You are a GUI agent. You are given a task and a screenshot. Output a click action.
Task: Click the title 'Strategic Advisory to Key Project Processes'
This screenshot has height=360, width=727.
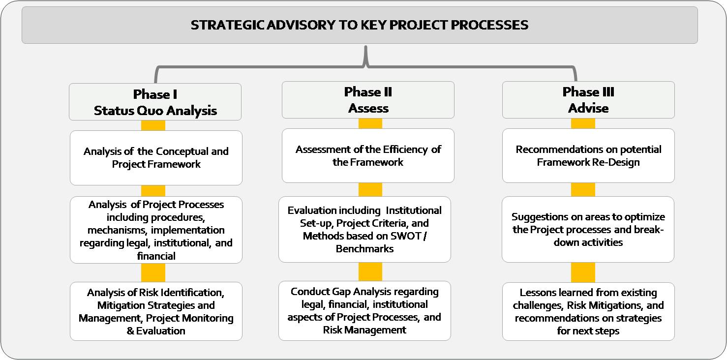coord(359,25)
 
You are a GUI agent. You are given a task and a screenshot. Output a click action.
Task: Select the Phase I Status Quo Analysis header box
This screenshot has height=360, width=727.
coord(155,102)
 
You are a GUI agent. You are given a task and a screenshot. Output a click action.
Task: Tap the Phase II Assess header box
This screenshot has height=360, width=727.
coord(368,100)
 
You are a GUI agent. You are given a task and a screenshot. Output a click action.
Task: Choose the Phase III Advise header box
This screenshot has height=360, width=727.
coord(588,100)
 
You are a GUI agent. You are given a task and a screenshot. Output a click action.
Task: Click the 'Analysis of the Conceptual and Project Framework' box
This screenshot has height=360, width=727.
coord(156,158)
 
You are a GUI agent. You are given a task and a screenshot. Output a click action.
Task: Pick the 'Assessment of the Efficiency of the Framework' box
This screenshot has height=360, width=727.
coord(368,156)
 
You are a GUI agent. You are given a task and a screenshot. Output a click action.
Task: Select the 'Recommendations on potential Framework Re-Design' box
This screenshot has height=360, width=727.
coord(588,156)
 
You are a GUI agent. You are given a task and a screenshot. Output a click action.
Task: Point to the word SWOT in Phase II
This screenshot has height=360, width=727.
coord(406,236)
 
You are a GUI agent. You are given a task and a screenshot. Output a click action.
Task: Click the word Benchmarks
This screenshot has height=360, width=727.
coord(365,249)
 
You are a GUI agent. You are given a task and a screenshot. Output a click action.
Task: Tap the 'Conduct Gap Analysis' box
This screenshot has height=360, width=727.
coord(365,311)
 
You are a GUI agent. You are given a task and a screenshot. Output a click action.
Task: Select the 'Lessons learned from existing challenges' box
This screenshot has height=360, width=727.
coord(588,311)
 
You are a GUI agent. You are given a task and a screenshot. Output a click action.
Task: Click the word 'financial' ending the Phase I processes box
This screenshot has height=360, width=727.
coord(156,256)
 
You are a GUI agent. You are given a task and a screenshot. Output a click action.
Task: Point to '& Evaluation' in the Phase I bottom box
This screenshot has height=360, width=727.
coord(156,331)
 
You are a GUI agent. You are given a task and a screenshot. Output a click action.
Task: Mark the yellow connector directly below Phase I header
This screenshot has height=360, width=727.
coord(153,125)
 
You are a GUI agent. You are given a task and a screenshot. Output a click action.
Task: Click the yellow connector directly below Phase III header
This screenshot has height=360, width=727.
coord(583,123)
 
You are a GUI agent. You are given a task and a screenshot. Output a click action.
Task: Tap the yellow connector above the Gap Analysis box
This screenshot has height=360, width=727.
coord(370,271)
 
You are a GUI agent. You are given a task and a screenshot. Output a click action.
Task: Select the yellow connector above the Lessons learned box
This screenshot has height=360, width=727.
coord(583,272)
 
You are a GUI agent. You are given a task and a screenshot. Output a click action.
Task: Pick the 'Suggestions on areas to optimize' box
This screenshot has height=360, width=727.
coord(588,230)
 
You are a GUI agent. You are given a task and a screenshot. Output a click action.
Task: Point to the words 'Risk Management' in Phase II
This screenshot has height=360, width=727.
coord(365,330)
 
